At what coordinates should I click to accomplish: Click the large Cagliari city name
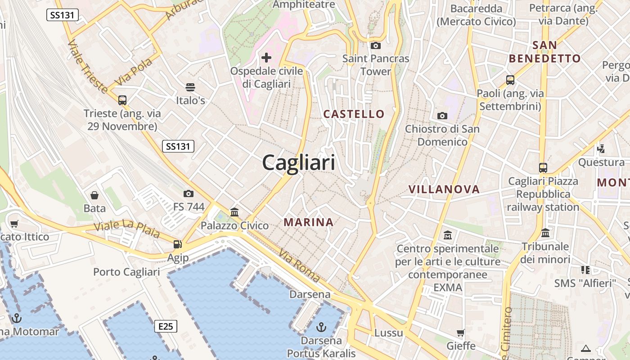[x=298, y=162]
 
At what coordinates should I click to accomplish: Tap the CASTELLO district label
[x=354, y=114]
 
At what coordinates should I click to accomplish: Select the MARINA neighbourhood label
[x=309, y=222]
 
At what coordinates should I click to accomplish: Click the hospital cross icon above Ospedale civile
[x=266, y=58]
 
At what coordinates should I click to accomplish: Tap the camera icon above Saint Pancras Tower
[x=375, y=45]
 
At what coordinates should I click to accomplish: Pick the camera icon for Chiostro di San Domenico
[x=442, y=116]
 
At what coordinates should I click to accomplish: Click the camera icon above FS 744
[x=189, y=194]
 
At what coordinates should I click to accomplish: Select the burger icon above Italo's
[x=190, y=87]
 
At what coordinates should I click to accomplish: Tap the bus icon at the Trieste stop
[x=122, y=100]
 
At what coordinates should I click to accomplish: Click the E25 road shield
[x=166, y=326]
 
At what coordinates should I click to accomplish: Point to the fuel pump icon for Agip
[x=178, y=244]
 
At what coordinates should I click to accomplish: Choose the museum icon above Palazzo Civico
[x=234, y=212]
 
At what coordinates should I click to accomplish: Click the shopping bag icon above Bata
[x=94, y=195]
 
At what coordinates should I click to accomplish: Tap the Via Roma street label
[x=299, y=265]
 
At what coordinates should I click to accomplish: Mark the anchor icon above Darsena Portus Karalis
[x=321, y=327]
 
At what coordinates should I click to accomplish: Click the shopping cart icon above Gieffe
[x=460, y=333]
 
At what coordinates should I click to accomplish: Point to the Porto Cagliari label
[x=126, y=272]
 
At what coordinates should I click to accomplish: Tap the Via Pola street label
[x=133, y=72]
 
